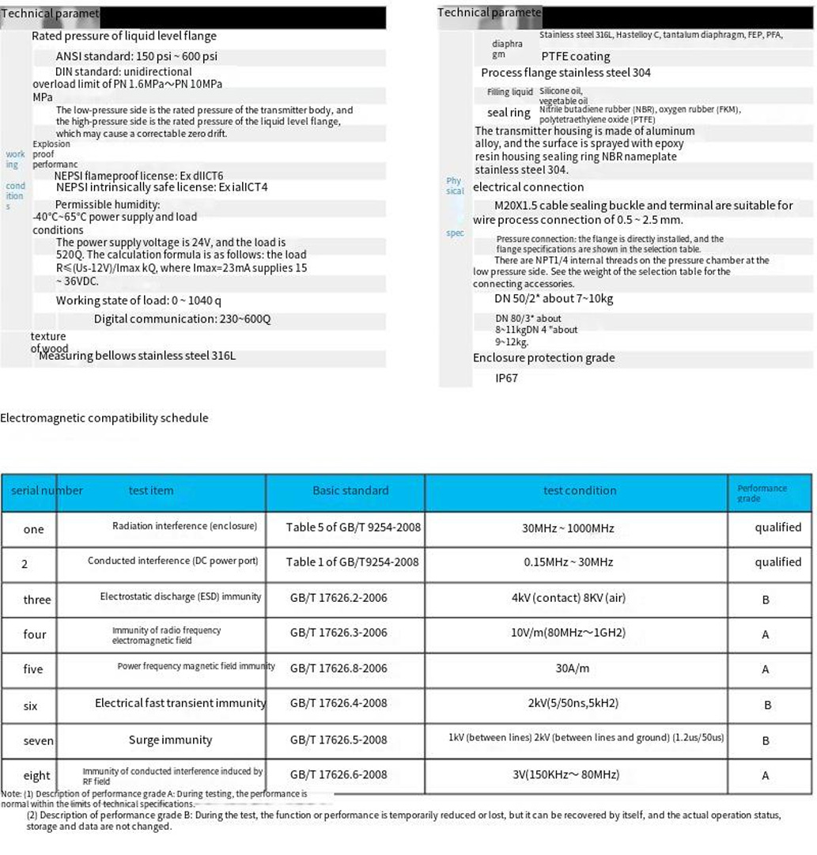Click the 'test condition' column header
click(579, 490)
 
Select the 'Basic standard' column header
click(350, 490)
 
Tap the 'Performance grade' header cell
click(762, 493)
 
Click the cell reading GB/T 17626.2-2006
click(339, 598)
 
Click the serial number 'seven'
click(38, 741)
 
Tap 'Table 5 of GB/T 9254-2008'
click(353, 527)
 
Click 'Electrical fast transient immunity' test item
click(180, 703)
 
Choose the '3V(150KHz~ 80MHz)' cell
click(566, 774)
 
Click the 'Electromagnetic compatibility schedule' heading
click(104, 418)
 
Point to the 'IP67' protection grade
click(506, 378)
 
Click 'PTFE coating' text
click(575, 56)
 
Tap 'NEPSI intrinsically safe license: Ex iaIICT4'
click(161, 187)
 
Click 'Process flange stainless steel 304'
click(565, 73)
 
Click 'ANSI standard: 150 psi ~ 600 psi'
click(136, 56)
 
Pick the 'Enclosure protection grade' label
click(543, 358)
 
